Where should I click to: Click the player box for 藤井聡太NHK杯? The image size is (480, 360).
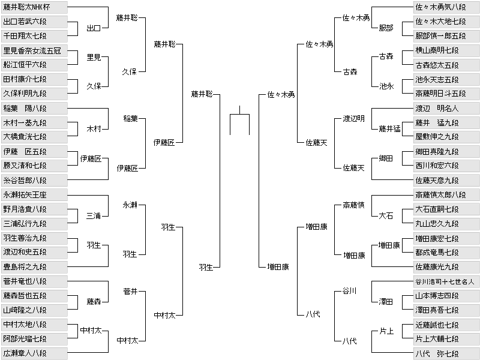(x=34, y=7)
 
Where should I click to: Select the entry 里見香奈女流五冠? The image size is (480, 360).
(x=34, y=50)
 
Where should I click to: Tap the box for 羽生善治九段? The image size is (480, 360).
(x=34, y=238)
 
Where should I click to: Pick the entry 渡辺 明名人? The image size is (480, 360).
(x=446, y=109)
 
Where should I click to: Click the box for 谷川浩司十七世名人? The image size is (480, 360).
(x=446, y=281)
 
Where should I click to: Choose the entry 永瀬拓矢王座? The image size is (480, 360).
(x=34, y=194)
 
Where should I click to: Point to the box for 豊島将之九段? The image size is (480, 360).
(x=34, y=266)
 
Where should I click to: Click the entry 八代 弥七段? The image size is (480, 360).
(x=446, y=353)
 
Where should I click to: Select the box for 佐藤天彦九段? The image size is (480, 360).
(x=446, y=181)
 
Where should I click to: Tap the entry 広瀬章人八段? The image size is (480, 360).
(x=34, y=353)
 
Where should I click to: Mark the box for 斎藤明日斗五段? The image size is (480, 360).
(x=446, y=94)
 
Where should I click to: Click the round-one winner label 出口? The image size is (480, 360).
(x=94, y=28)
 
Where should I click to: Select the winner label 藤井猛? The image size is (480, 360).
(x=389, y=129)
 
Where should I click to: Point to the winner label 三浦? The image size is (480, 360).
(x=94, y=216)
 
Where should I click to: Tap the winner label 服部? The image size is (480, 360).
(x=386, y=28)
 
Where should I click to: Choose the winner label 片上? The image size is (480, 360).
(x=386, y=331)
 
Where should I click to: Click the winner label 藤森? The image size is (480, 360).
(x=94, y=302)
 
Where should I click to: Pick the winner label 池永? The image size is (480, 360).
(x=386, y=86)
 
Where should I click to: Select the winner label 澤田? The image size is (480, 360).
(x=386, y=302)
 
